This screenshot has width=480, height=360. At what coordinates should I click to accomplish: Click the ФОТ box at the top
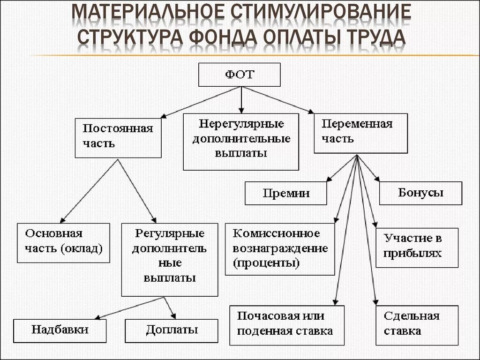239,75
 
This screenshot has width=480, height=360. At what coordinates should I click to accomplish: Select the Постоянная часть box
118,137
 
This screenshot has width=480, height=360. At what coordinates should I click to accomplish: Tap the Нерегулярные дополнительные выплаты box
240,141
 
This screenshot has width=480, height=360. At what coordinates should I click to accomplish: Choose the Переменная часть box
360,133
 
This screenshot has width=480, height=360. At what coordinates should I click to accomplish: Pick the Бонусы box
420,193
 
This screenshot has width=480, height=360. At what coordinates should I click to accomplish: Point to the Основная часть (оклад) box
64,242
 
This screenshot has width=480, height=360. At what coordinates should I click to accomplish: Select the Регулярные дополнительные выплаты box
170,259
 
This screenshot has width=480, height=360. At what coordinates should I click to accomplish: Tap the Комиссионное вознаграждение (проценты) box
280,248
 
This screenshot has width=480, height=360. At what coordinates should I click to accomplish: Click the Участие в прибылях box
417,247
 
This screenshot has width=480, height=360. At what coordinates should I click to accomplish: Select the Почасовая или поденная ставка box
286,324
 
